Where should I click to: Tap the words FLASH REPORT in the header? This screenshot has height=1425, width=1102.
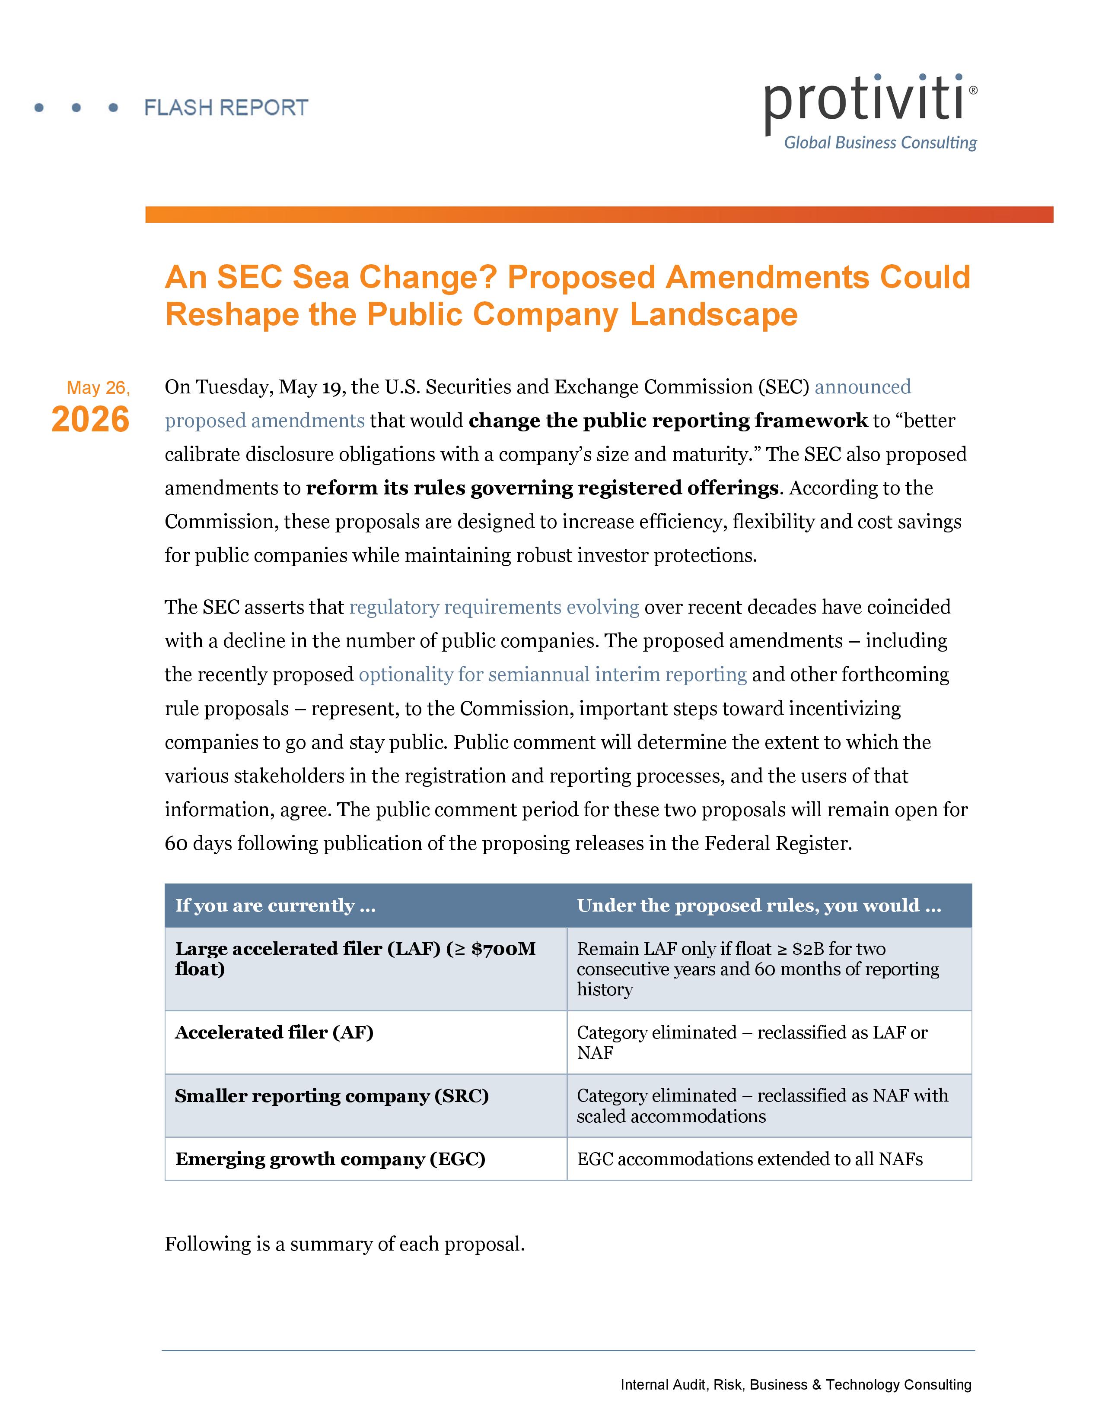click(226, 108)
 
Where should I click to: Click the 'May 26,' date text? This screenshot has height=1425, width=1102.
click(99, 388)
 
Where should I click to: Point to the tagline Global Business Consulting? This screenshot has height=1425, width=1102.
click(880, 143)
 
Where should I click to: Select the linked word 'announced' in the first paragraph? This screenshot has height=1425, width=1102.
click(863, 387)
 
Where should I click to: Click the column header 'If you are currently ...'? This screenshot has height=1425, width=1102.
click(276, 905)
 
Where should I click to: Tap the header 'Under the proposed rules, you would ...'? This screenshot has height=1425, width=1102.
click(759, 905)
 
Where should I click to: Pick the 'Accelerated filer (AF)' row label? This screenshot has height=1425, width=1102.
click(274, 1032)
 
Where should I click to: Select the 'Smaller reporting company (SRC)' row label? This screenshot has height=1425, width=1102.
click(331, 1096)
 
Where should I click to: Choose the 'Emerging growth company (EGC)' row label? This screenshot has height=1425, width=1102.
click(330, 1159)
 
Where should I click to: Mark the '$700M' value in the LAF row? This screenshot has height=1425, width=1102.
click(503, 949)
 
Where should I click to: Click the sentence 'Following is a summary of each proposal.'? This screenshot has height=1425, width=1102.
click(345, 1244)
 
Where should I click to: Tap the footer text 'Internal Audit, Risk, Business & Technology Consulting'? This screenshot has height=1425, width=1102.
click(796, 1384)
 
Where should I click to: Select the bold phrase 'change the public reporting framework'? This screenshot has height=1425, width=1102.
click(669, 421)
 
